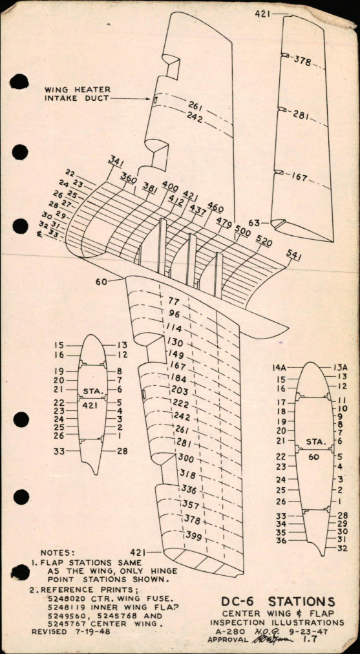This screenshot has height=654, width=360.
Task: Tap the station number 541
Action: [x=293, y=256]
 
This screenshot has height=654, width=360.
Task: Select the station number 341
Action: [x=116, y=161]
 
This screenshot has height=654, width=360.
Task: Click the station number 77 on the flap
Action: [x=173, y=301]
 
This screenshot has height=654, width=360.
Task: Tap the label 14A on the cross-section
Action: [x=280, y=367]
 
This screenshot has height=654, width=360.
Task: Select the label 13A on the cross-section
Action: [x=341, y=367]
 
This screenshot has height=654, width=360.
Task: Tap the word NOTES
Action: [x=58, y=553]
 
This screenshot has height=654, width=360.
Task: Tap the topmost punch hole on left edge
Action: [x=19, y=82]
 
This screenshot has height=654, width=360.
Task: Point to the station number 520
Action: [x=264, y=240]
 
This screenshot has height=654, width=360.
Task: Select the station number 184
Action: [x=179, y=378]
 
